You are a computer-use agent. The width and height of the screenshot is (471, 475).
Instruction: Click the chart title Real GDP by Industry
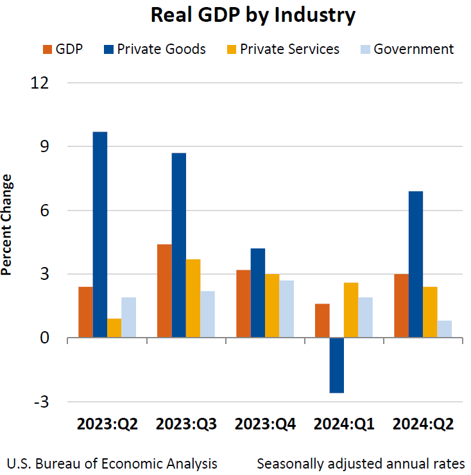pos(253,15)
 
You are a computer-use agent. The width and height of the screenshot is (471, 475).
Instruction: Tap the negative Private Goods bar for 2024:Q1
pos(336,365)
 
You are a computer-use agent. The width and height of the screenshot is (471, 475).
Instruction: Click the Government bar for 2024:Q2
pos(444,329)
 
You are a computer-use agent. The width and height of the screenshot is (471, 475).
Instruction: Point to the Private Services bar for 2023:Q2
pos(114,327)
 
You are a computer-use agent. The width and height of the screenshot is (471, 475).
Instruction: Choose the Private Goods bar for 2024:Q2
pos(416,264)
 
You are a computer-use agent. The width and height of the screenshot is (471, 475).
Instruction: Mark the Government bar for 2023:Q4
pos(286,309)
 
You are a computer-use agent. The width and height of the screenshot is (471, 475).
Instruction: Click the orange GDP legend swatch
pos(47,49)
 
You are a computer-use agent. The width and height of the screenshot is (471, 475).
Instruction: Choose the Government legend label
pos(413,49)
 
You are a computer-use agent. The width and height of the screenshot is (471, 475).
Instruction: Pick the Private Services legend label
pos(289,49)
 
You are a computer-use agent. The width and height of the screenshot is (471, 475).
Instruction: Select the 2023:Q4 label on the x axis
pos(265,424)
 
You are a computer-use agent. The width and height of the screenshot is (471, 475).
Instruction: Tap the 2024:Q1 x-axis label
pos(344,424)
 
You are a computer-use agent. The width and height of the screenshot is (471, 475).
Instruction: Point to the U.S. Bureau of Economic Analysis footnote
pos(112,463)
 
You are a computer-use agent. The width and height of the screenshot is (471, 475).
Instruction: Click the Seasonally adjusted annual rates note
pos(361,463)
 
